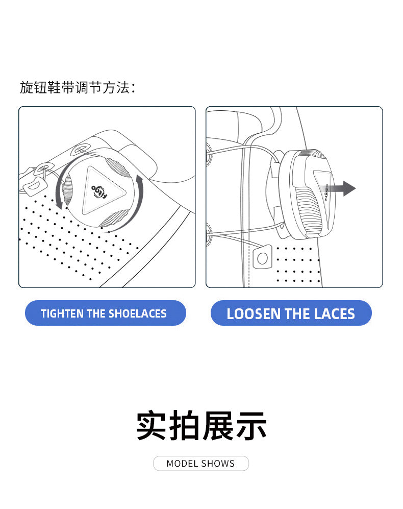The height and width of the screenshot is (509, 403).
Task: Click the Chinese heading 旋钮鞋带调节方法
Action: coord(78,88)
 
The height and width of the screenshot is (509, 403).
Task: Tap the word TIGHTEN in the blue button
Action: coord(62,313)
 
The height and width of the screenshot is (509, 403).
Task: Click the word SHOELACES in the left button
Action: coord(138,313)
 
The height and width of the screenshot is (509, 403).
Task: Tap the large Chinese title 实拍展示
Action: coord(202,426)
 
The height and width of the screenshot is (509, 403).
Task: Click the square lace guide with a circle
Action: coord(262,257)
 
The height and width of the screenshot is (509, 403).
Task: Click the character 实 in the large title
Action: coord(152,426)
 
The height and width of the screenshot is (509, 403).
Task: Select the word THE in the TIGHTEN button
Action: coord(96,313)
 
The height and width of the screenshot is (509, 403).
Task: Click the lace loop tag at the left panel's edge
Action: coord(34,186)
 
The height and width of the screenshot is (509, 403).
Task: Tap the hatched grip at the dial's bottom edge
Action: coord(114,219)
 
